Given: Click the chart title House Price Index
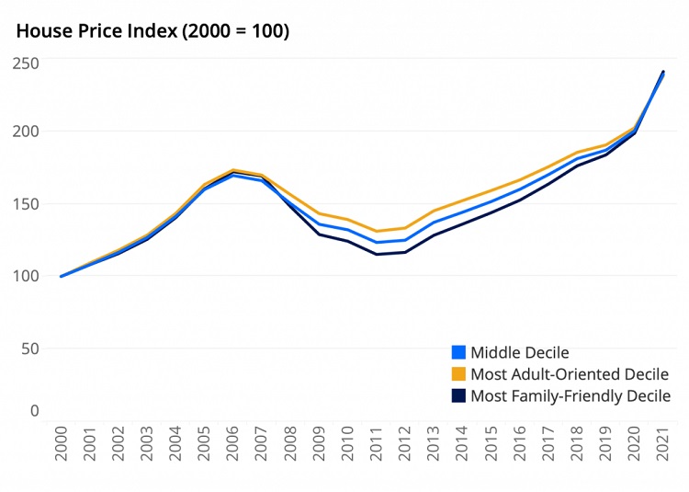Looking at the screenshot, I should click(152, 31).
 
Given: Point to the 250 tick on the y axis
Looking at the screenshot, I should click(26, 63).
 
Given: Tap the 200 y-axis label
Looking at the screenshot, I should click(26, 132).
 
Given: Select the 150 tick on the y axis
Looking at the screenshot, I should click(26, 204).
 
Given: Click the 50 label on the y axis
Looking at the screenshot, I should click(30, 349).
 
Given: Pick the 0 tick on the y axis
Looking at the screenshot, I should click(35, 411).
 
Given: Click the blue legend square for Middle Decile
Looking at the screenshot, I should click(459, 352).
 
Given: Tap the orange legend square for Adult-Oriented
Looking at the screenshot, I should click(459, 374).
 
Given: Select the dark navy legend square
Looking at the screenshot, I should click(459, 396).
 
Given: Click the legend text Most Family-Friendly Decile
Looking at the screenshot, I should click(570, 396).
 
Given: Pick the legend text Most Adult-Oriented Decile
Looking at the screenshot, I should click(570, 374).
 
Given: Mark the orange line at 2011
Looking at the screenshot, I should click(377, 232).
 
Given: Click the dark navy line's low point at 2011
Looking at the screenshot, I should click(377, 254).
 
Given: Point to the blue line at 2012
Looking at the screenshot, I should click(405, 240).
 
